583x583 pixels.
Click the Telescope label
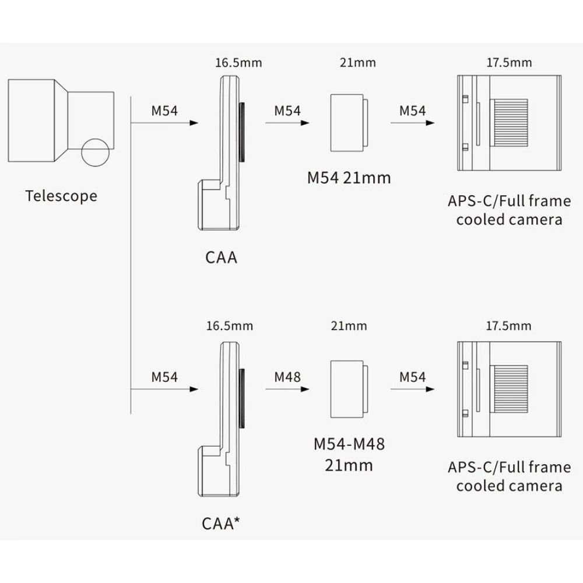tap(61, 195)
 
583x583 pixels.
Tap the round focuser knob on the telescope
tap(96, 153)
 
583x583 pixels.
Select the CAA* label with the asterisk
tap(222, 523)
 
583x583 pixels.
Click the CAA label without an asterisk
tap(222, 257)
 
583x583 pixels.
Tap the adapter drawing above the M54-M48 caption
tap(349, 389)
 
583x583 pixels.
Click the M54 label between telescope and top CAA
tap(164, 110)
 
